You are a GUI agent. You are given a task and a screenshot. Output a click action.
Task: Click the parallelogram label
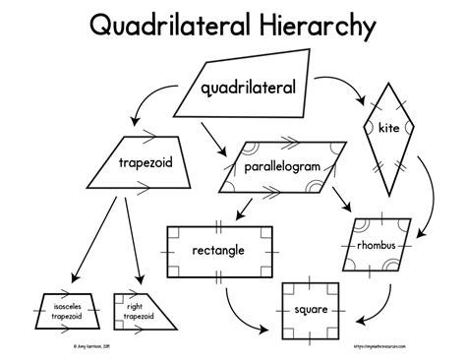(283, 167)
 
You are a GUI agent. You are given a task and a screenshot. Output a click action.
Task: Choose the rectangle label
(218, 250)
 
